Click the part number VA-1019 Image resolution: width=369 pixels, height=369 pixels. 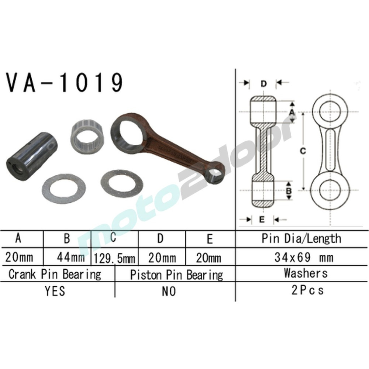coord(64,83)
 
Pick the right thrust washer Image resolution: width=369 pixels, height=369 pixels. coord(121,183)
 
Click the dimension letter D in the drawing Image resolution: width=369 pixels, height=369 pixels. coord(263,84)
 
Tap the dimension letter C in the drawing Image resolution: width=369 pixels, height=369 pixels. coord(303,151)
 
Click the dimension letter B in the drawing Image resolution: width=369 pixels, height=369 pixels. coord(289,190)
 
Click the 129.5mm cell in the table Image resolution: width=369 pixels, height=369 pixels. coord(114,258)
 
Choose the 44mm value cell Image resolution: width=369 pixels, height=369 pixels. coord(67,257)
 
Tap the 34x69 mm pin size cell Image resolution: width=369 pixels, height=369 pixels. coord(304,257)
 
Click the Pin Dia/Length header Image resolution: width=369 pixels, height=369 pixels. coord(301,239)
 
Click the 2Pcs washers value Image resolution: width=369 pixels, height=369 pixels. coord(307,290)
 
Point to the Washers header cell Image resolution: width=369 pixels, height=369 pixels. coord(305,273)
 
